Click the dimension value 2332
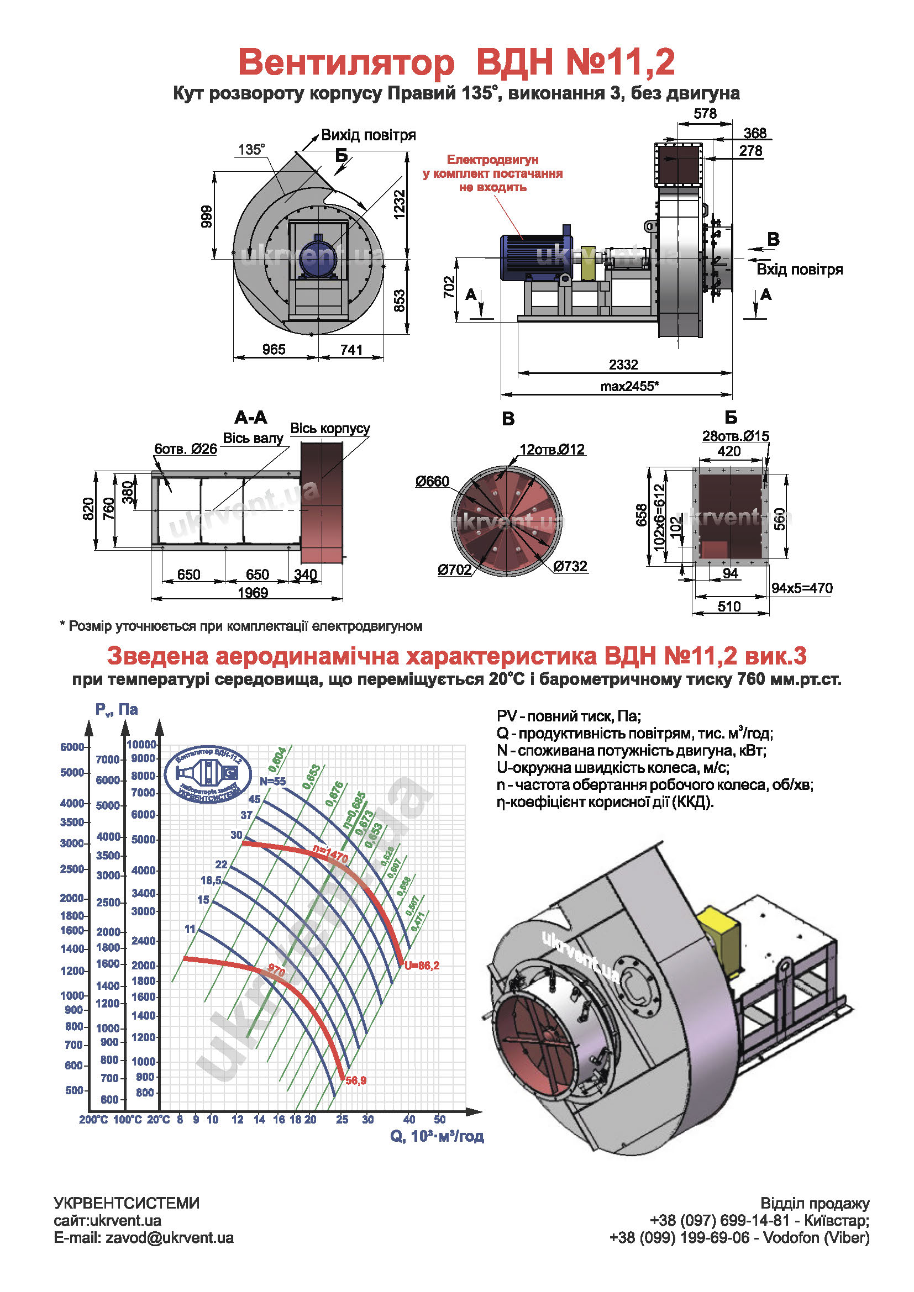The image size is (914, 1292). [623, 365]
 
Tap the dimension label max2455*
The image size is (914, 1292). [629, 386]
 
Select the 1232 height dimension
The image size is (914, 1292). [399, 204]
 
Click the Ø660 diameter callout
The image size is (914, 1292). [432, 482]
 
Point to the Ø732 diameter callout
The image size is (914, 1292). [570, 566]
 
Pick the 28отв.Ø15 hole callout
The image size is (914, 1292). [735, 436]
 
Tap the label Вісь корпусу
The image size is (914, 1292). [330, 428]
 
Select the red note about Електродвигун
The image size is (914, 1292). [492, 173]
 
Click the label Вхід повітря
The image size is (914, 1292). [799, 270]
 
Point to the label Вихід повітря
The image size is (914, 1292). [368, 135]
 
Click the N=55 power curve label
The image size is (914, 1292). [272, 782]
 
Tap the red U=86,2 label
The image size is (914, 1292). [422, 966]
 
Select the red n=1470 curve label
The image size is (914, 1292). [331, 855]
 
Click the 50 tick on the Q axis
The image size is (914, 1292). [439, 1120]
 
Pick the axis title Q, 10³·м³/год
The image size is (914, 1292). [437, 1136]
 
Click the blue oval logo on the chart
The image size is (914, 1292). [208, 774]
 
